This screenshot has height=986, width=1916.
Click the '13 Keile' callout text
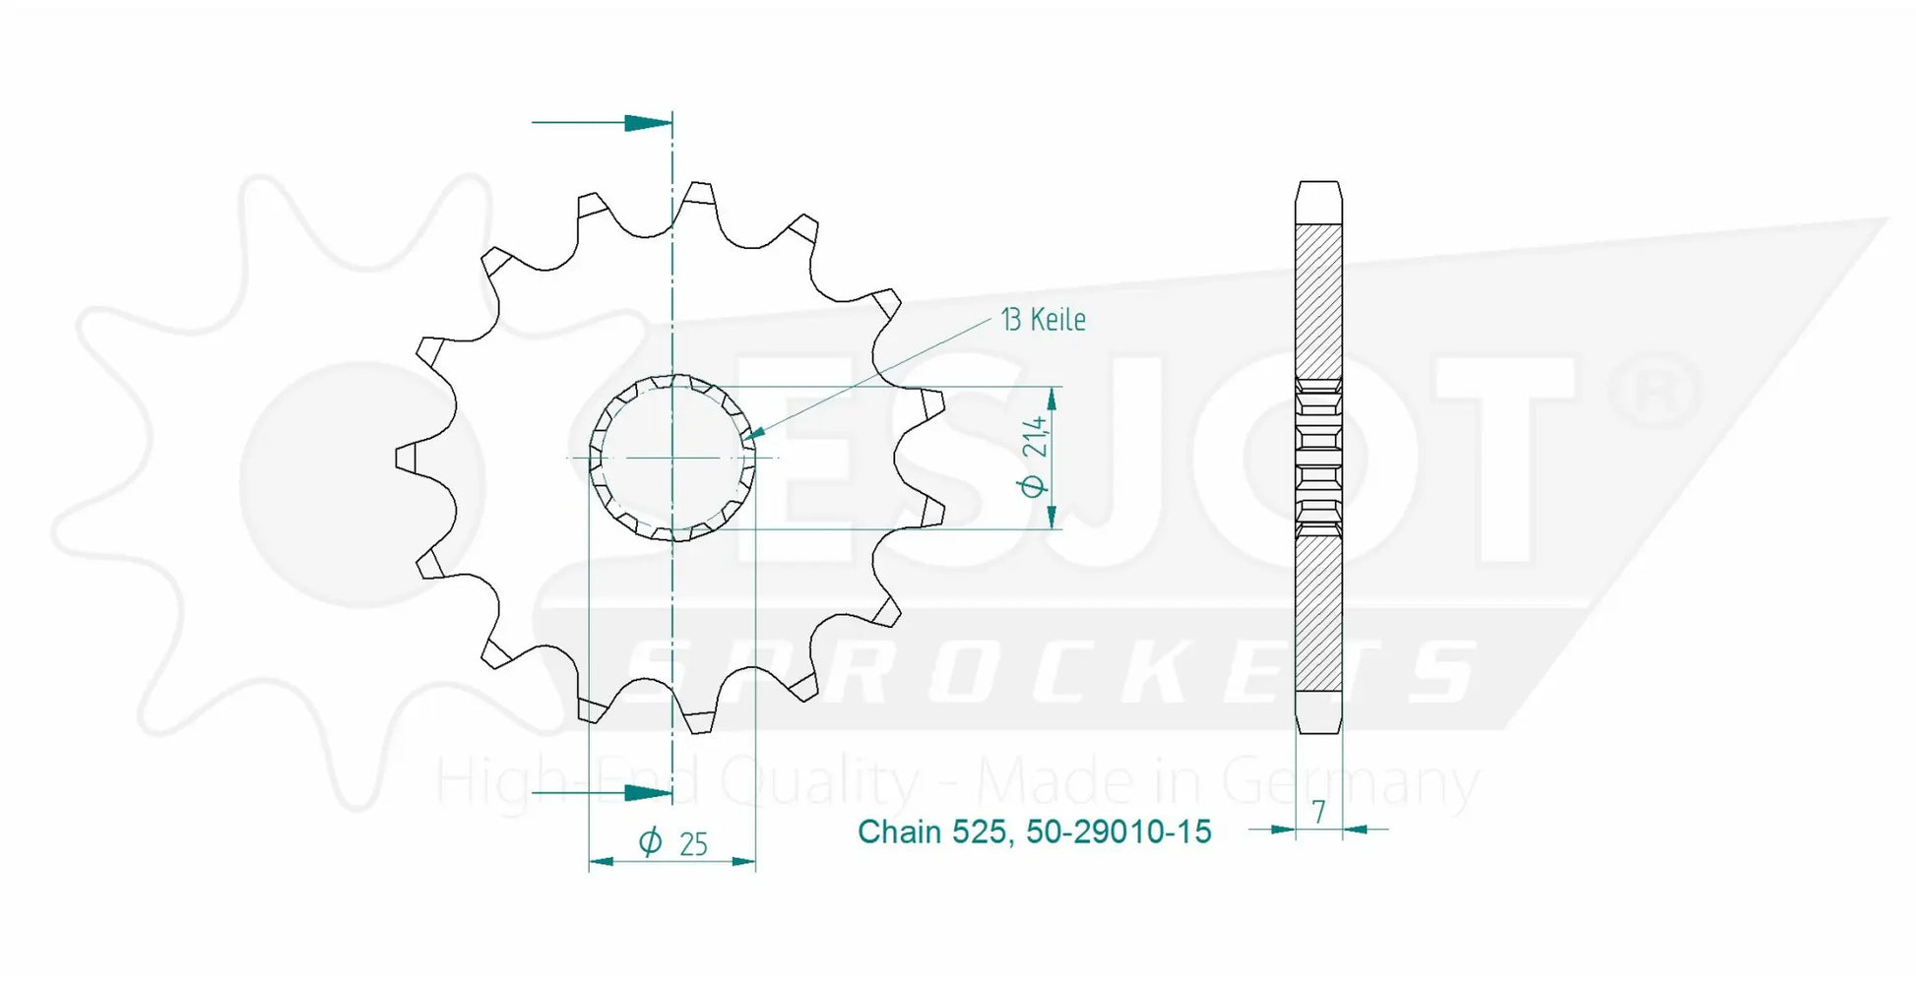(1043, 320)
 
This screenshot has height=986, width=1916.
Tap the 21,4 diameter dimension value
(1035, 437)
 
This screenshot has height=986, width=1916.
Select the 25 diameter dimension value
(693, 844)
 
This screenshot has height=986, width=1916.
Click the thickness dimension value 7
(1318, 811)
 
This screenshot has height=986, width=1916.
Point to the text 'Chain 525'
(931, 832)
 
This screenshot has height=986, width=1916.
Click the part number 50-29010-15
(1118, 832)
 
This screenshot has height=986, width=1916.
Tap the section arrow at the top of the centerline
(602, 123)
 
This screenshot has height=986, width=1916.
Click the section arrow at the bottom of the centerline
(602, 792)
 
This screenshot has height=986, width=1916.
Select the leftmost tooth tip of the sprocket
(399, 458)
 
